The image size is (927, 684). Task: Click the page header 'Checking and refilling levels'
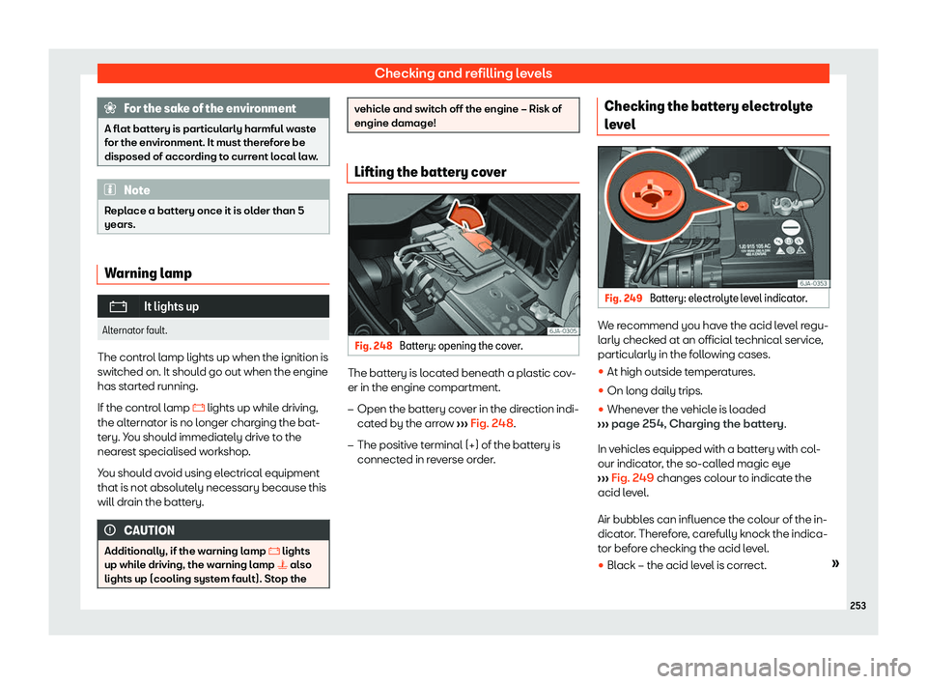tap(463, 73)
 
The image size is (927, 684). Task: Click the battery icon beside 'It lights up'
tap(119, 306)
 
